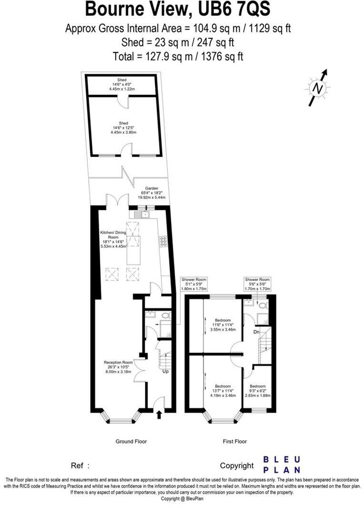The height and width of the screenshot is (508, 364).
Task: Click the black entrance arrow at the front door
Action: tap(159, 415)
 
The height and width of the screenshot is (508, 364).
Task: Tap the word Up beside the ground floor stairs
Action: tap(166, 371)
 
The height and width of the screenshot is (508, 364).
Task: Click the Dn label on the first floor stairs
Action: tap(256, 331)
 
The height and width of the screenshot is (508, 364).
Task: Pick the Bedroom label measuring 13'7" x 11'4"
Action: tap(222, 391)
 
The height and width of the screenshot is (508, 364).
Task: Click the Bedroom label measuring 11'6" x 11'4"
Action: tap(222, 325)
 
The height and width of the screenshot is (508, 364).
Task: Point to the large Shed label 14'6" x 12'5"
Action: tap(122, 127)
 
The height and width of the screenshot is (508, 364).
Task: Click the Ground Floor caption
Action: tap(131, 442)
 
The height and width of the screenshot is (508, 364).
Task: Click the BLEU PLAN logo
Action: tap(282, 464)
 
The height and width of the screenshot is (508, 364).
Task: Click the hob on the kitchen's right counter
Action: tap(163, 242)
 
